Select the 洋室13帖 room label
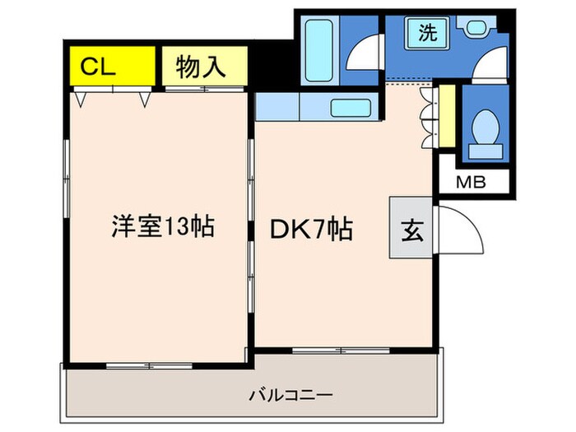click(162, 226)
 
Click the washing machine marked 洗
click(427, 34)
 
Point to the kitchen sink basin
click(351, 108)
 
